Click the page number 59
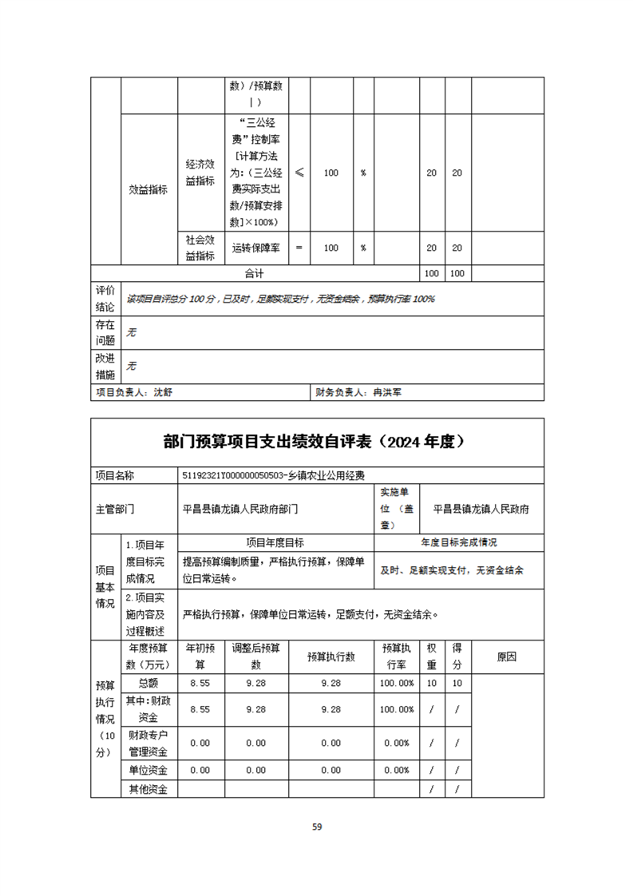tap(317, 827)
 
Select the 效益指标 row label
tap(148, 190)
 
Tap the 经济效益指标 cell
tap(200, 172)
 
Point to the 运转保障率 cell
tap(255, 248)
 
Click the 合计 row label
tap(255, 273)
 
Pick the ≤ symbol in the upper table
tap(299, 172)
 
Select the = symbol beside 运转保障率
tap(299, 248)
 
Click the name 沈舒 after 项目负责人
tap(162, 392)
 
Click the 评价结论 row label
tap(105, 298)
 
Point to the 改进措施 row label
tap(105, 366)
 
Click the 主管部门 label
tap(115, 508)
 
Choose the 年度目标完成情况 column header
tap(459, 542)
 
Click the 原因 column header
tap(507, 656)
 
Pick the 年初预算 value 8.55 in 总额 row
tap(200, 684)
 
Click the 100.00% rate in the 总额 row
tap(397, 684)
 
